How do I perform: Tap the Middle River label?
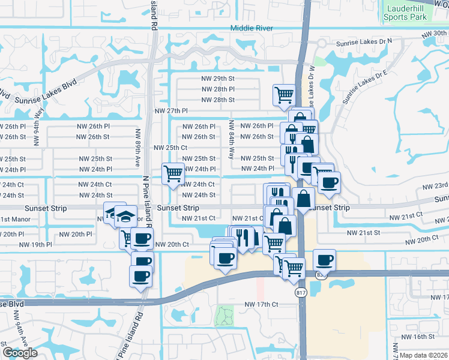[252, 28]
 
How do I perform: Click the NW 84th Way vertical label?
[231, 140]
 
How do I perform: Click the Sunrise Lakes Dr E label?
[366, 88]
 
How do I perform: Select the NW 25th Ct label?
[171, 148]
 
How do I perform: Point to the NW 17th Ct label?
[261, 305]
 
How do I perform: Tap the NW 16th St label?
[427, 337]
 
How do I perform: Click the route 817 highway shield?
[301, 292]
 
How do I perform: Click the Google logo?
[20, 353]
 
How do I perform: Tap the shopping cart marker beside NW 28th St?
[283, 94]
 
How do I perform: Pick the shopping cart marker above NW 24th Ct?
[173, 173]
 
